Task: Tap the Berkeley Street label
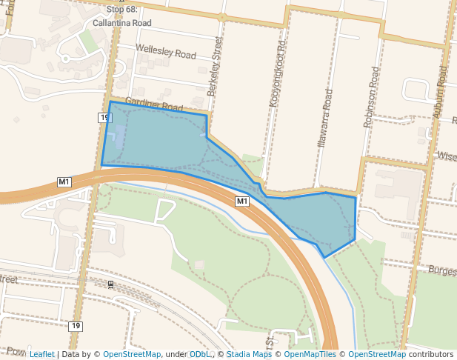click(x=216, y=66)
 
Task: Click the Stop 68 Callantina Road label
click(x=122, y=16)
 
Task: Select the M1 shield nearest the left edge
click(x=64, y=181)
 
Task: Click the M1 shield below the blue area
click(x=242, y=201)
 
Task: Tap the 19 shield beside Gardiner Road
click(x=104, y=118)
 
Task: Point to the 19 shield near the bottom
click(x=76, y=326)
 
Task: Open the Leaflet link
click(x=41, y=354)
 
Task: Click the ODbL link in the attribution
click(x=199, y=354)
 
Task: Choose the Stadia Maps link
click(x=248, y=354)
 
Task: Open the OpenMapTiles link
click(x=310, y=354)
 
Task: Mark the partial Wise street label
click(x=447, y=156)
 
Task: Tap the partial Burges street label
click(x=442, y=271)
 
